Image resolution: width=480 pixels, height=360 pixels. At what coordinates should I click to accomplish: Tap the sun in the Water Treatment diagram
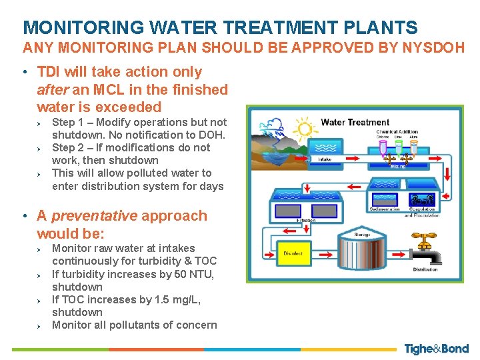click(305, 127)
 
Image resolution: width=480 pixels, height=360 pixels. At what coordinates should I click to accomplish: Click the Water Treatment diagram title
click(355, 122)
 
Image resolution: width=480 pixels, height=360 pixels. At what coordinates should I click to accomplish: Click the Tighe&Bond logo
click(436, 349)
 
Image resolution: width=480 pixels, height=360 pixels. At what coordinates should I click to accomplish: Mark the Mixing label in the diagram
click(397, 165)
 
